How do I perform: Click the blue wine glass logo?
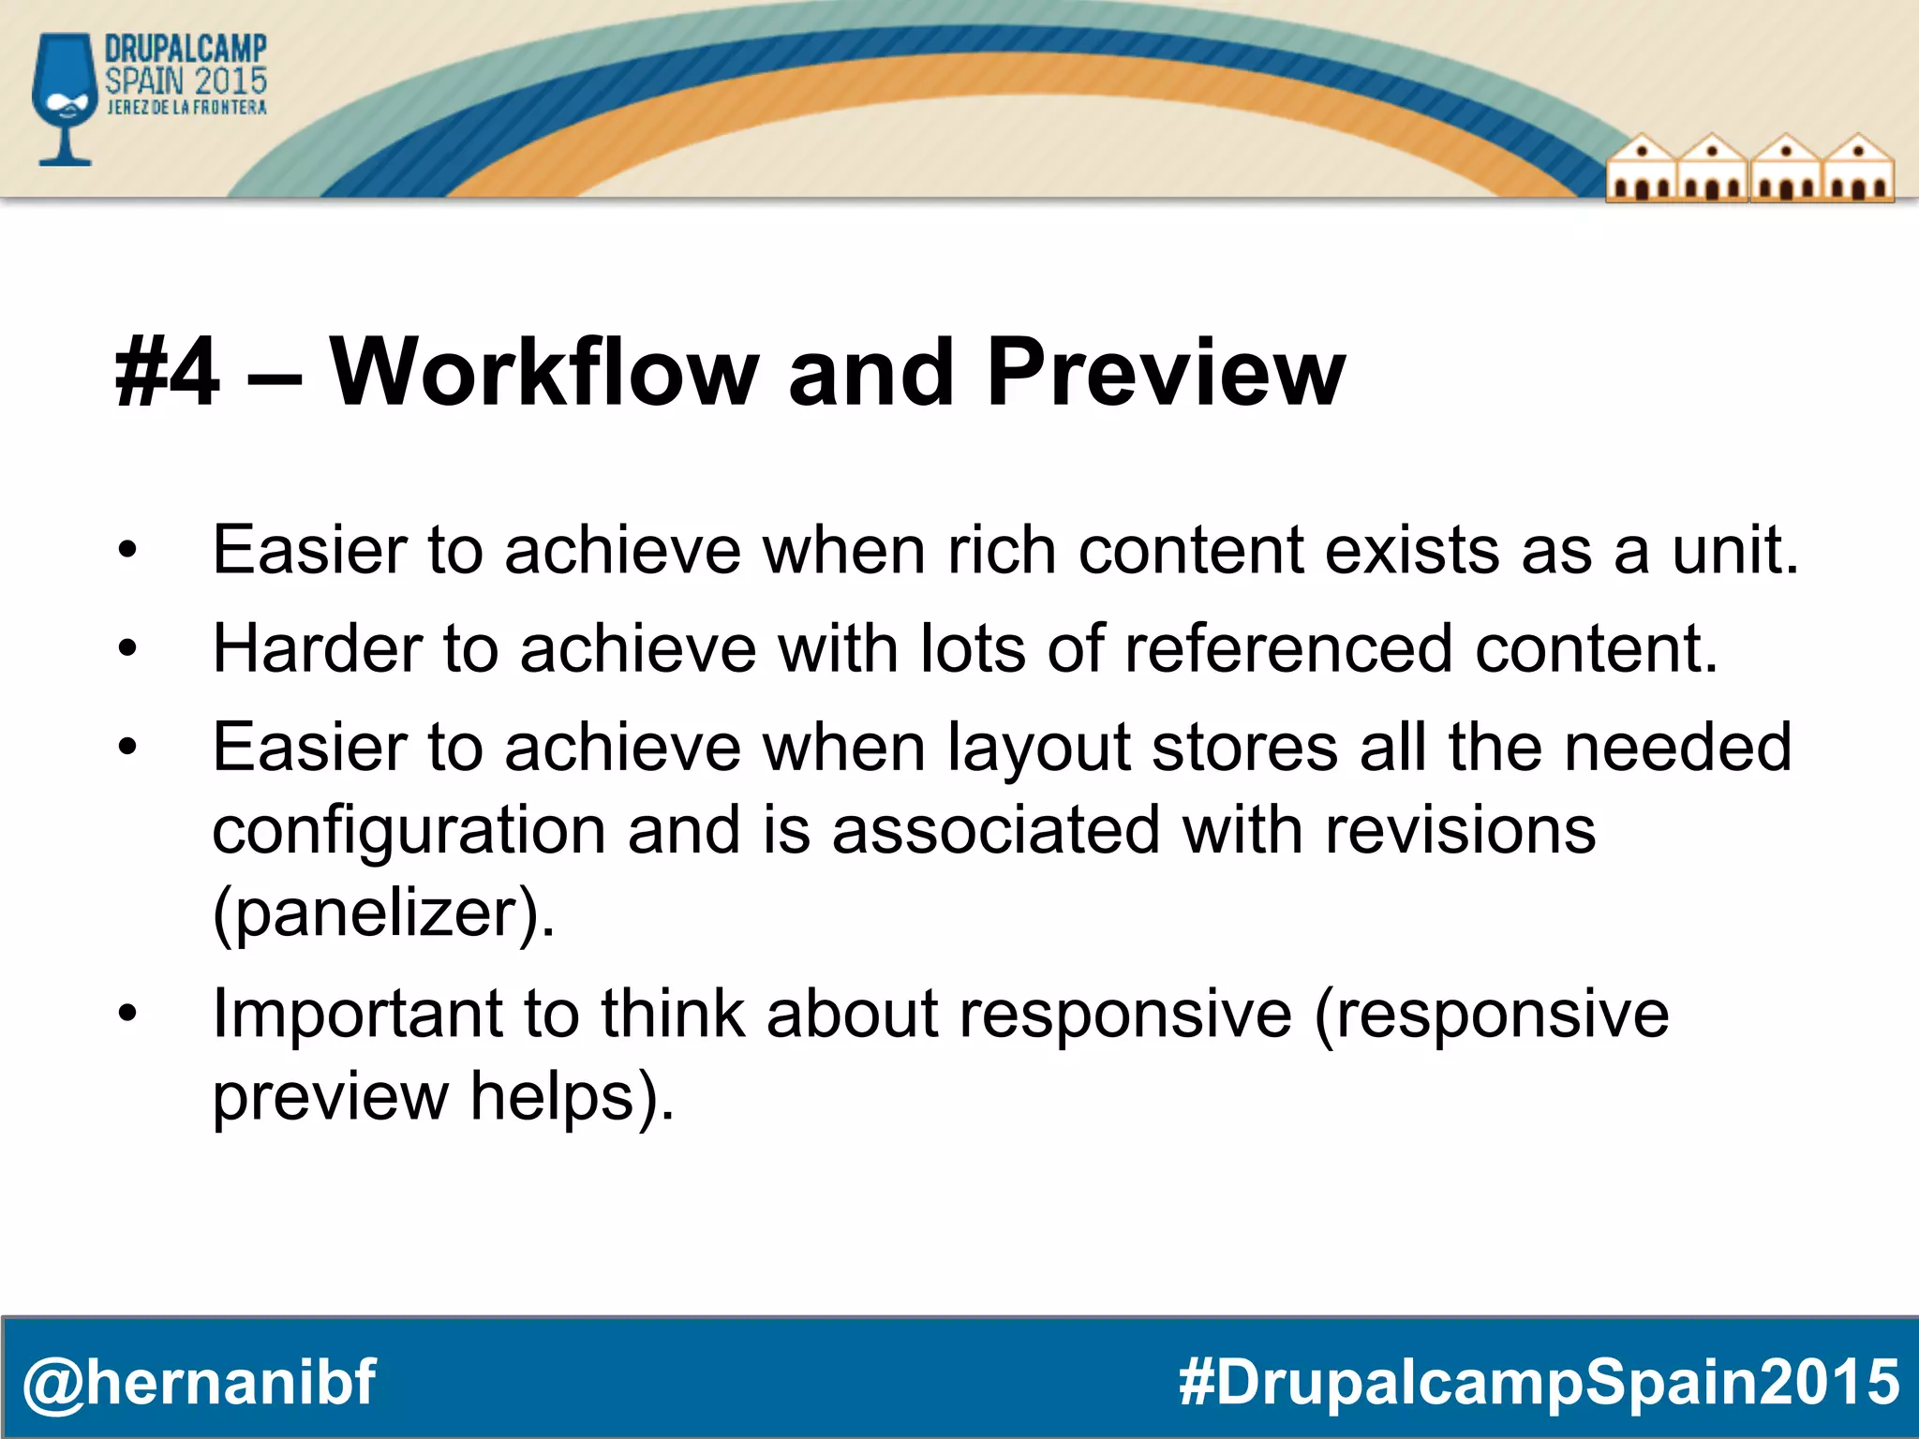[x=64, y=98]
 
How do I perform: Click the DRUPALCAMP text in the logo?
[x=186, y=49]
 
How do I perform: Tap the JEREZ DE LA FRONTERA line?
[x=186, y=108]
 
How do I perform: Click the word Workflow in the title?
[x=543, y=372]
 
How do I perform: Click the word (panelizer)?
[x=384, y=913]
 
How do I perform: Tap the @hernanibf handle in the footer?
[x=199, y=1382]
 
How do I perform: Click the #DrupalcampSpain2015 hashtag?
[x=1539, y=1382]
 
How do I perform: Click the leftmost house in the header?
[x=1642, y=169]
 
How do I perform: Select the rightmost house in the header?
[x=1858, y=169]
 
